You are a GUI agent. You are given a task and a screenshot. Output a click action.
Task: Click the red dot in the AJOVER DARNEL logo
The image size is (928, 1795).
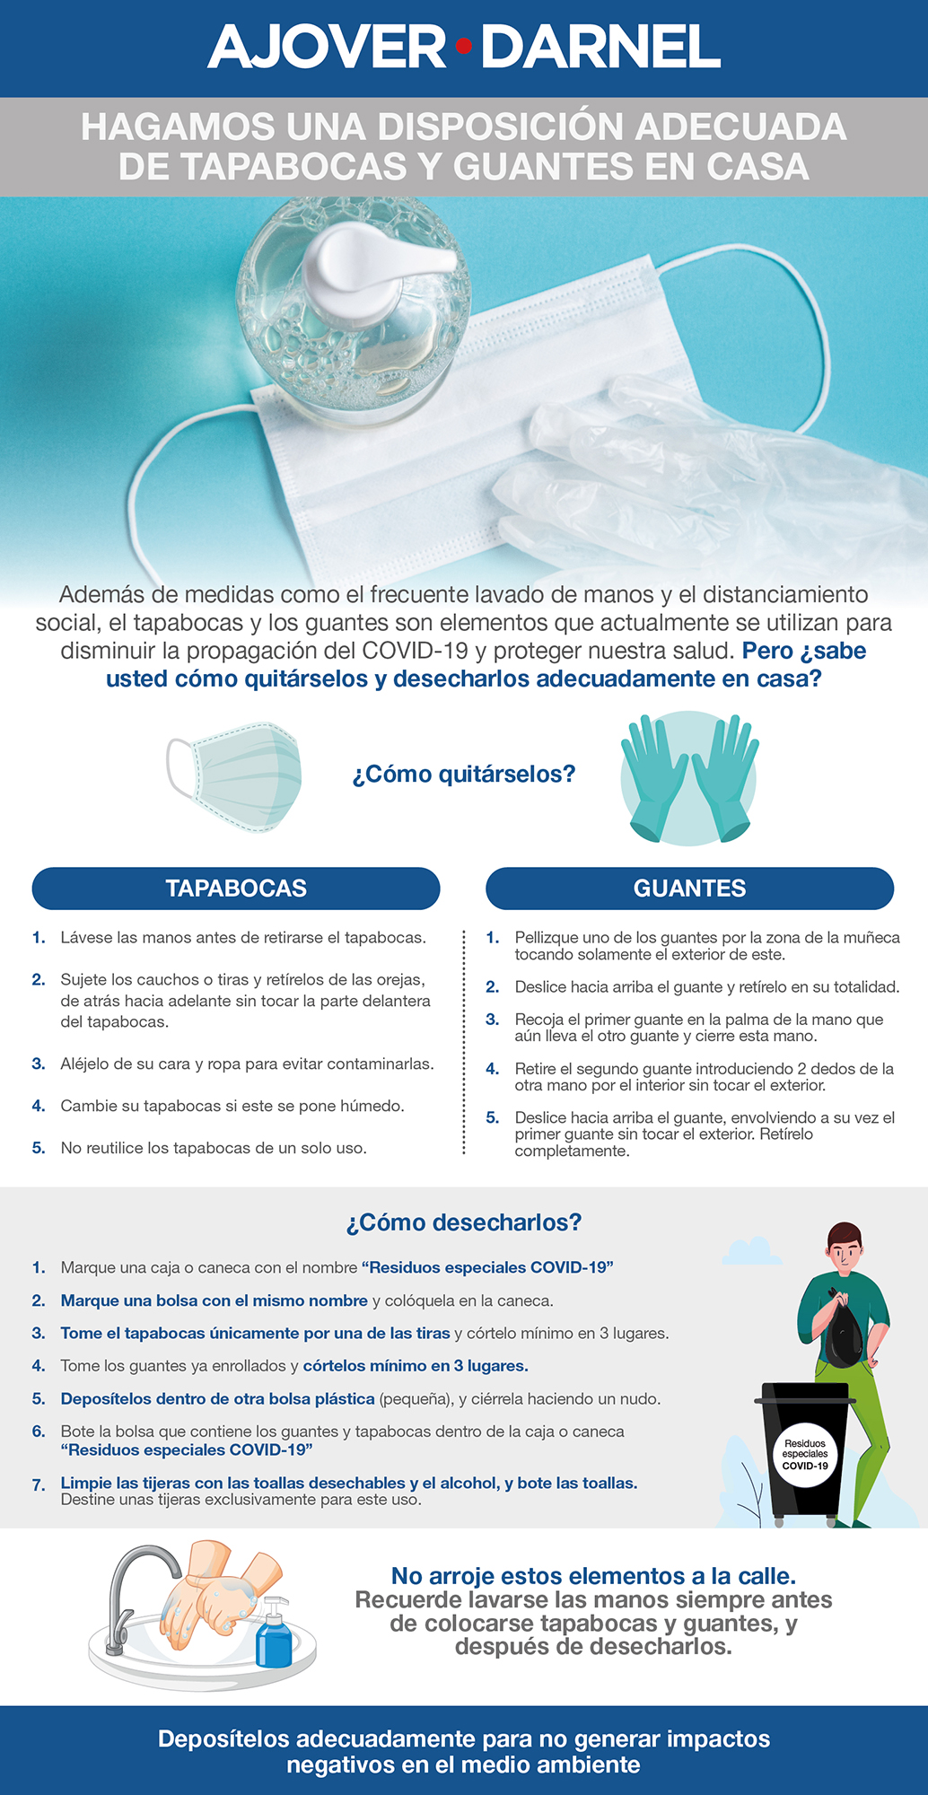click(x=463, y=46)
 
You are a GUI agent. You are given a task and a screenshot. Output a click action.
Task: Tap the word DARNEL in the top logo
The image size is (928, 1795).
click(x=600, y=47)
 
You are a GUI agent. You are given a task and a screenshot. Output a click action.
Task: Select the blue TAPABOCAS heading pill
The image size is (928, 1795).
click(x=236, y=889)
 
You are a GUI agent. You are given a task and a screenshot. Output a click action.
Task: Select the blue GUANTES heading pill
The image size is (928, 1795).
click(x=689, y=889)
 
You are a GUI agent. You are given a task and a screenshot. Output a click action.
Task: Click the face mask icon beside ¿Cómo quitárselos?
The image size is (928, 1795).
click(x=235, y=776)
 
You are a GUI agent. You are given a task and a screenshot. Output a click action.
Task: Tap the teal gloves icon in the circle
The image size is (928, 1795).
click(x=688, y=777)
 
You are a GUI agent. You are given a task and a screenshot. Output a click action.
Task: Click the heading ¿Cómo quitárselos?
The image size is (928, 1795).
click(x=463, y=774)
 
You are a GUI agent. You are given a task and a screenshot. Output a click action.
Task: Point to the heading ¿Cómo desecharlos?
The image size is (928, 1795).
click(x=463, y=1222)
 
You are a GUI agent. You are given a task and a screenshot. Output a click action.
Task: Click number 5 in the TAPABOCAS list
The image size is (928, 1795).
click(x=39, y=1148)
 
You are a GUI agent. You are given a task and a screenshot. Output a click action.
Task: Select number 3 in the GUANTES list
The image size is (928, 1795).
click(x=492, y=1020)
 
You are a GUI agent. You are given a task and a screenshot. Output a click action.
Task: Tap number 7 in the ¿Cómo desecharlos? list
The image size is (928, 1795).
click(x=39, y=1485)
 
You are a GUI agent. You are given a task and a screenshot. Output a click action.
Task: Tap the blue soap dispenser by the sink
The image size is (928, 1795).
click(x=274, y=1634)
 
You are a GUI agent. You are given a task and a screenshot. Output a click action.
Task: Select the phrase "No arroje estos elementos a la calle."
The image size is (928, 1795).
click(x=593, y=1576)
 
